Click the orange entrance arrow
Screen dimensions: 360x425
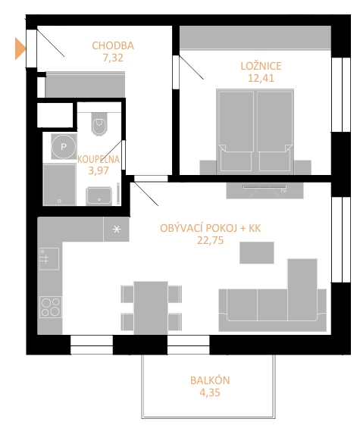pyautogui.click(x=20, y=48)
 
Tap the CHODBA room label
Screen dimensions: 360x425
pyautogui.click(x=113, y=45)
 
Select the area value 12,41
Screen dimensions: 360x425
pyautogui.click(x=261, y=78)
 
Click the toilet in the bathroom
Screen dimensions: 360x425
pyautogui.click(x=99, y=123)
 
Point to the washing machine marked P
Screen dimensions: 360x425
pyautogui.click(x=64, y=147)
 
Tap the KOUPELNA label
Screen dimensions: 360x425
pyautogui.click(x=99, y=159)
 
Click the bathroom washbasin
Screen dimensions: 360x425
pyautogui.click(x=99, y=196)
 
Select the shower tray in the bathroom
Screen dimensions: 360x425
pyautogui.click(x=59, y=185)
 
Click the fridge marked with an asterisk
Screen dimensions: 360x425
pyautogui.click(x=116, y=230)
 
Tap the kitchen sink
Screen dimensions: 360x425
pyautogui.click(x=49, y=259)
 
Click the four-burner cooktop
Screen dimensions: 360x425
pyautogui.click(x=51, y=307)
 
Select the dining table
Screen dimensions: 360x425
pyautogui.click(x=151, y=308)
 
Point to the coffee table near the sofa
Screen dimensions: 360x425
pyautogui.click(x=257, y=252)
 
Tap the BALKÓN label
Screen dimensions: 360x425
pyautogui.click(x=210, y=380)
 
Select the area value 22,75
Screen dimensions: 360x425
pyautogui.click(x=211, y=240)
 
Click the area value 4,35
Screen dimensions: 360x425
pyautogui.click(x=210, y=392)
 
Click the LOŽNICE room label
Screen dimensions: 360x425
pyautogui.click(x=261, y=66)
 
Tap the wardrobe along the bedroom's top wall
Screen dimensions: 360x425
pyautogui.click(x=255, y=38)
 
